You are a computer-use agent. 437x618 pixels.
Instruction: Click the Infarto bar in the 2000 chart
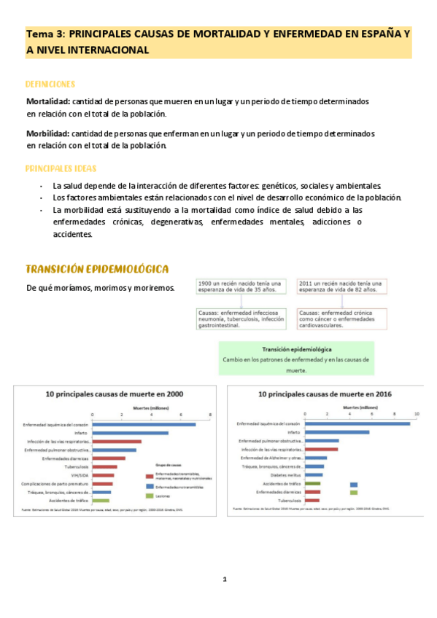coord(130,433)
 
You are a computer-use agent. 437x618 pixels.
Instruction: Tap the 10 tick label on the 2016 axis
coord(417,415)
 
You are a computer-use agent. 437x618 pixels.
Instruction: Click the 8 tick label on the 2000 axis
coord(210,415)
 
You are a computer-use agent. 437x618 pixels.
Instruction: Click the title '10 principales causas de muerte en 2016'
coord(325,394)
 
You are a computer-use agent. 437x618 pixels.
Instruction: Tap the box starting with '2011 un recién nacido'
coord(341,286)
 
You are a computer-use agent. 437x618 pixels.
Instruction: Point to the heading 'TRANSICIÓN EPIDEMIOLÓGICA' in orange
coord(97,269)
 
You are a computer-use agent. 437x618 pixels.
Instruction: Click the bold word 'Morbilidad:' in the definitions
coord(48,134)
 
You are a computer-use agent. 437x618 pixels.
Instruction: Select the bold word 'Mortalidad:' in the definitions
coord(48,101)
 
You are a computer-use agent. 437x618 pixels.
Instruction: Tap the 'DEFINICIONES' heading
coord(50,84)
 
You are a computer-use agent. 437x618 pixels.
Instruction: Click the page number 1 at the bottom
coord(225,579)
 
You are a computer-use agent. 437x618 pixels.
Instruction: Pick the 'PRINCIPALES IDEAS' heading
coord(61,168)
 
